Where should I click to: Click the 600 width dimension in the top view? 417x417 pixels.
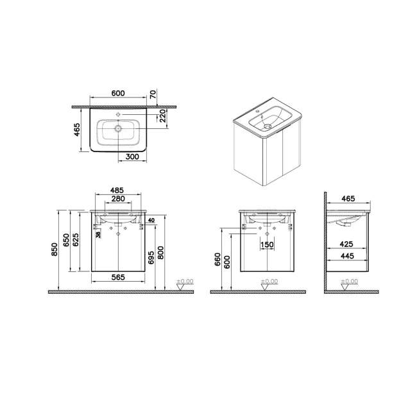pyautogui.click(x=118, y=94)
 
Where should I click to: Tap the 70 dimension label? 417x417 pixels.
pyautogui.click(x=153, y=94)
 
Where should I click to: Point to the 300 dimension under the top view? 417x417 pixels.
pyautogui.click(x=132, y=157)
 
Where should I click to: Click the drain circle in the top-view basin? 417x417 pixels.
pyautogui.click(x=118, y=129)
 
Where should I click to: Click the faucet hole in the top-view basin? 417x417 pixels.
pyautogui.click(x=119, y=115)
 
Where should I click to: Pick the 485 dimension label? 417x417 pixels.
pyautogui.click(x=117, y=190)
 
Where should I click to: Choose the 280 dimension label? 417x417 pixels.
pyautogui.click(x=118, y=199)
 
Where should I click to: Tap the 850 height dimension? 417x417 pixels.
pyautogui.click(x=55, y=249)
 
